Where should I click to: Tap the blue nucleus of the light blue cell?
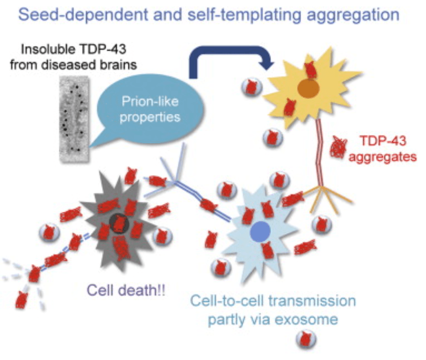(259, 231)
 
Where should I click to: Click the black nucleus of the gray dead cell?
(119, 223)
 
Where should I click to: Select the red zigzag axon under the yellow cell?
(318, 150)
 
